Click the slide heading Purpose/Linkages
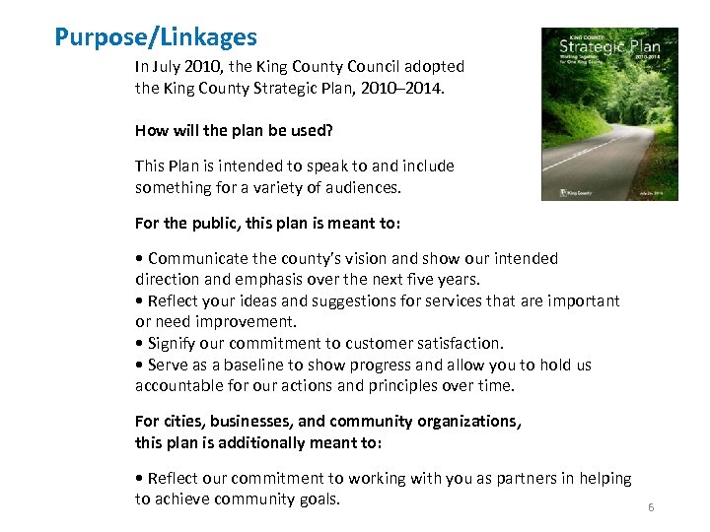point(156,37)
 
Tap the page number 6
point(651,507)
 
